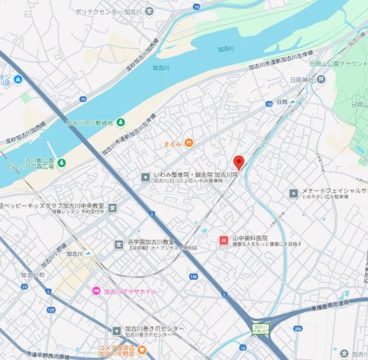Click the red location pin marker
(x=239, y=161)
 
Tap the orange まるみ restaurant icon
(x=189, y=142)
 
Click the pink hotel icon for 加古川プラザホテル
(x=95, y=291)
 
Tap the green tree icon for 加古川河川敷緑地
(x=121, y=122)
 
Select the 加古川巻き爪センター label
(x=154, y=329)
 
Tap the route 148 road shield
(x=193, y=276)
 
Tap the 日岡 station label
(x=282, y=101)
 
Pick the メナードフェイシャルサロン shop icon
(x=293, y=193)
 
